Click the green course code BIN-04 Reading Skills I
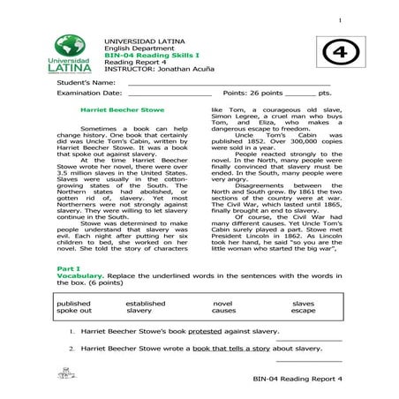point(147,55)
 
